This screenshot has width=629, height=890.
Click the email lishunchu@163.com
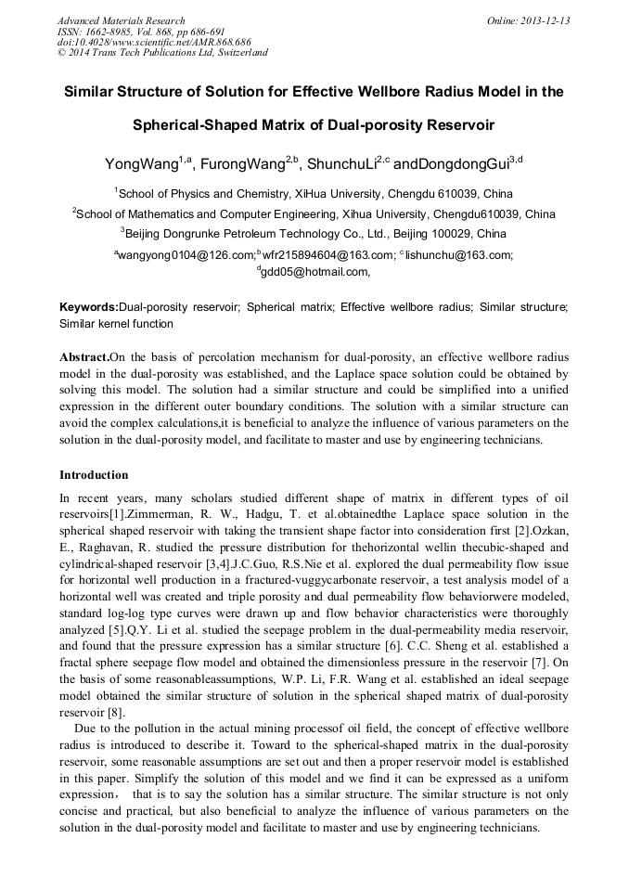tap(459, 254)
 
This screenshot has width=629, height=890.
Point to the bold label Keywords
tap(88, 306)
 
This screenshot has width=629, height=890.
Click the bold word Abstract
tap(84, 357)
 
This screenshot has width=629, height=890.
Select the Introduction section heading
tap(94, 475)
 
